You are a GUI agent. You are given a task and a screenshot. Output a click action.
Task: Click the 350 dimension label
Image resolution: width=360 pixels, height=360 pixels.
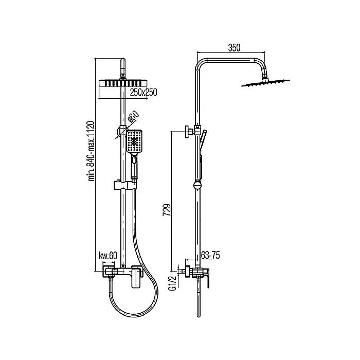point(234,47)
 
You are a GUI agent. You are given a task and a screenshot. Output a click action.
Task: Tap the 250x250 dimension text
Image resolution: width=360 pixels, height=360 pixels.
point(143,92)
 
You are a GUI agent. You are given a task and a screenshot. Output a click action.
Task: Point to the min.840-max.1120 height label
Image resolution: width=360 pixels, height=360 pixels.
point(92,151)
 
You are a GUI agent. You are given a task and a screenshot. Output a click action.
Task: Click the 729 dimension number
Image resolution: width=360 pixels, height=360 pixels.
point(167,210)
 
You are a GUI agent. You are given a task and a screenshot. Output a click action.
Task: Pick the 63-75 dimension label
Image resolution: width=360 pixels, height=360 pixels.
point(210,255)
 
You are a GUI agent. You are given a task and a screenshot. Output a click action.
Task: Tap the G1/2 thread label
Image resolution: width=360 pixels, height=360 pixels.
point(172,283)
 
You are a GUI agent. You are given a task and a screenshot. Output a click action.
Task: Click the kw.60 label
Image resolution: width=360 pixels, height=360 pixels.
point(108,256)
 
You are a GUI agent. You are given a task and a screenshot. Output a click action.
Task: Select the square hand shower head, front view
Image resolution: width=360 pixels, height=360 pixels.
point(134,141)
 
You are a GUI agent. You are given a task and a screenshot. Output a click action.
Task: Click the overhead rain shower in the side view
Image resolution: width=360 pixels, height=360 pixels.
point(266,83)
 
